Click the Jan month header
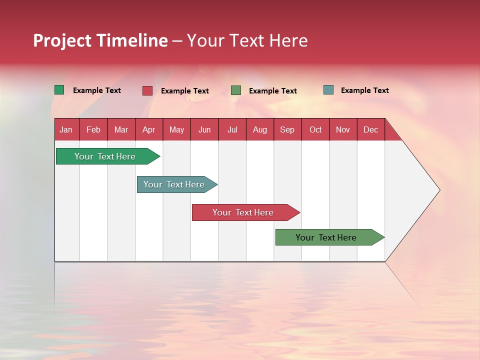[66, 129]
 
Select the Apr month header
[149, 129]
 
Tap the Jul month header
[232, 129]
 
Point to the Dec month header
[370, 129]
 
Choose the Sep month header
[287, 129]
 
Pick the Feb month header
[93, 129]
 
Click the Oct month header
[315, 129]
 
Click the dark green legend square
[59, 90]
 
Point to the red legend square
[147, 90]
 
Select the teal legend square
[328, 90]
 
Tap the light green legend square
[236, 90]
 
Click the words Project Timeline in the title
[100, 40]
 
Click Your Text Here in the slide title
[247, 40]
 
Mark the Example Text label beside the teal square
[364, 90]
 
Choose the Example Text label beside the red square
[184, 91]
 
